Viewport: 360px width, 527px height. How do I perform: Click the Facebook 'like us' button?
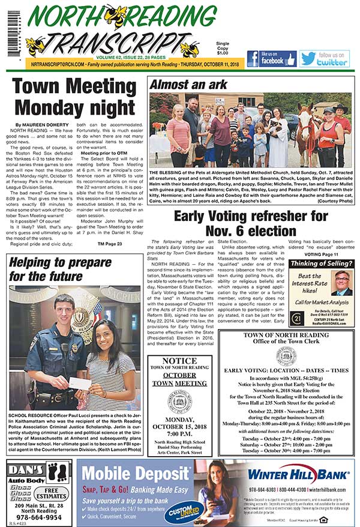271,59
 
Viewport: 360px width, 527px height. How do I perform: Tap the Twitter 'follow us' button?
324,59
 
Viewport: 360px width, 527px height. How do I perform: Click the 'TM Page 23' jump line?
110,244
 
